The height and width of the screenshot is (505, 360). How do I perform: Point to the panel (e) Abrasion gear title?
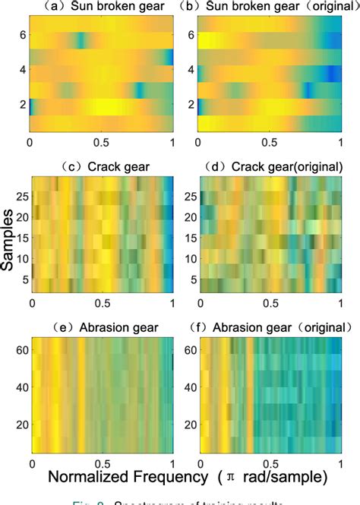(103, 329)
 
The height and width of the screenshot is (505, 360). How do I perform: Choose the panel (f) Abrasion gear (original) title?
(270, 329)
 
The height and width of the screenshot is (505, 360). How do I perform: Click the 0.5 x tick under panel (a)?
(101, 142)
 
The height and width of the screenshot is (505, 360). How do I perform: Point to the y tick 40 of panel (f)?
(189, 387)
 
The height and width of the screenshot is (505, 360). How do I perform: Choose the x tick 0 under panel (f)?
(201, 462)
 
